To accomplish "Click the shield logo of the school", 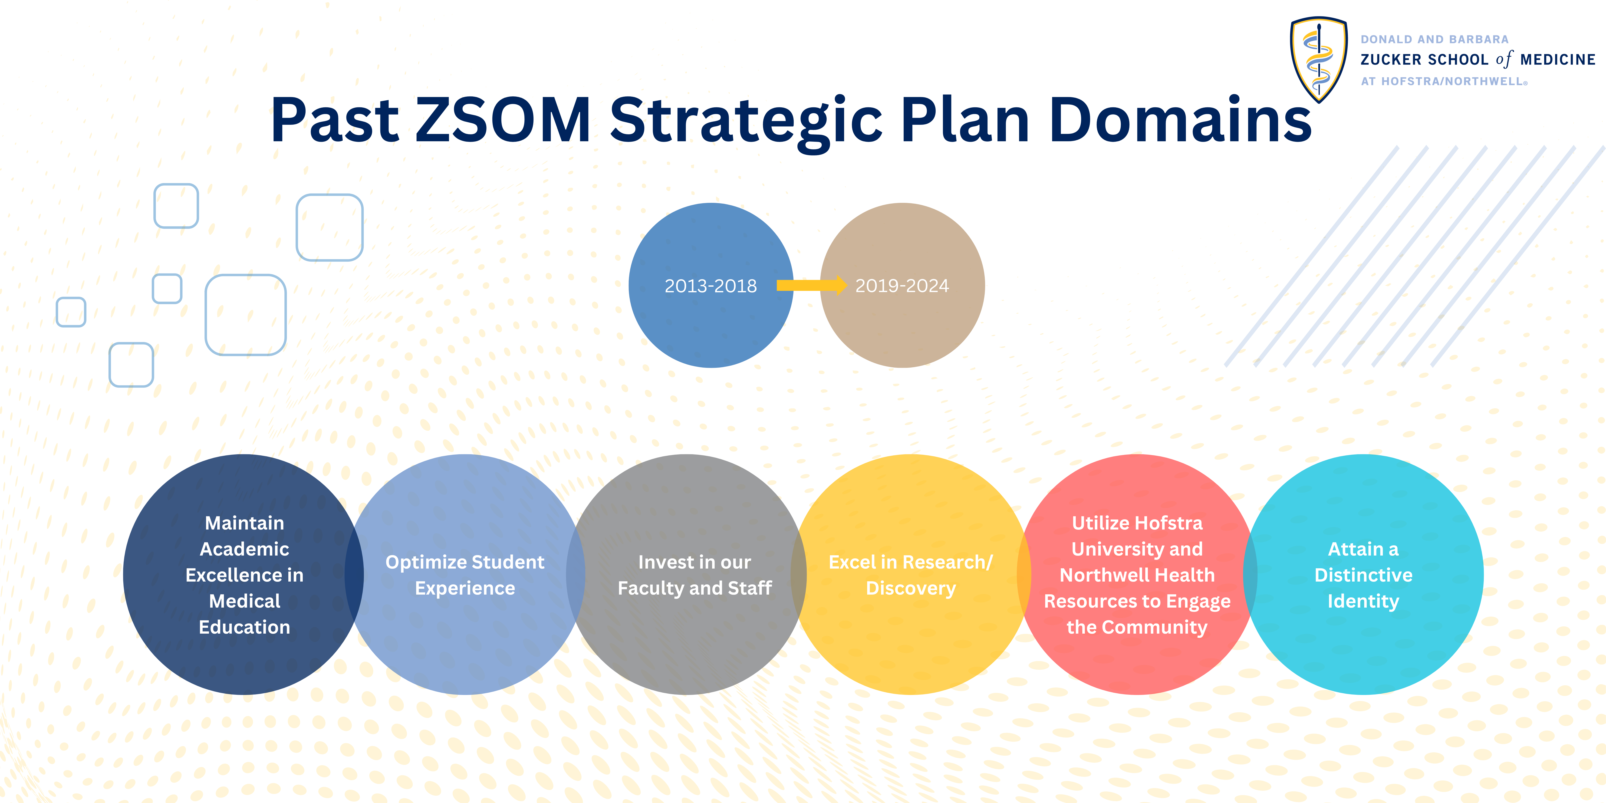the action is pyautogui.click(x=1319, y=59).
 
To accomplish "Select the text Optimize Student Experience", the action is pyautogui.click(x=465, y=575).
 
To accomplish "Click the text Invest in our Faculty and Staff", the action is pyautogui.click(x=694, y=575).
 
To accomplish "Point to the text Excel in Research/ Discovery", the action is pyautogui.click(x=911, y=575).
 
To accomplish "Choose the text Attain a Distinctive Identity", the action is pyautogui.click(x=1363, y=575).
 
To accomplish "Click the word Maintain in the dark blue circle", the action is pyautogui.click(x=244, y=523).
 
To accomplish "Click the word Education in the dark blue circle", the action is pyautogui.click(x=244, y=627).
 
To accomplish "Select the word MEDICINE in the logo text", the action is pyautogui.click(x=1557, y=60).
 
